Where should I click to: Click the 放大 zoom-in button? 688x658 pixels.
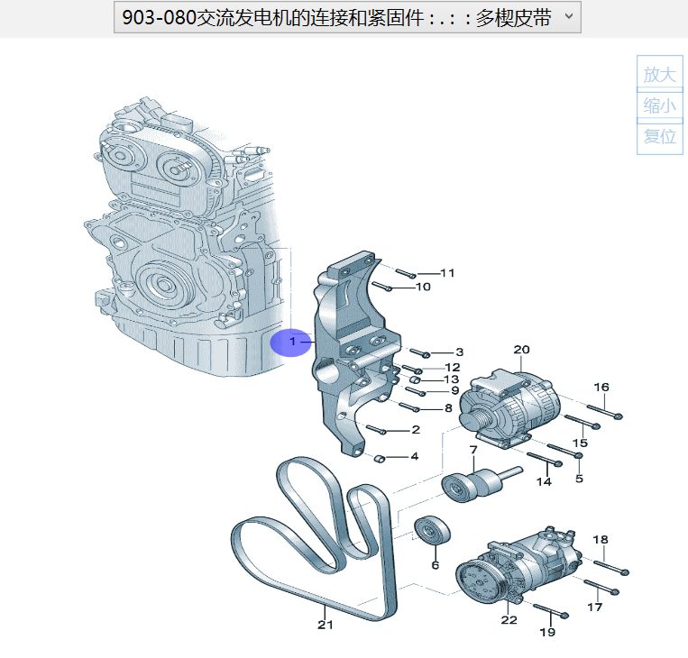pyautogui.click(x=660, y=75)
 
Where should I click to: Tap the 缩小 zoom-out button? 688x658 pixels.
pyautogui.click(x=660, y=105)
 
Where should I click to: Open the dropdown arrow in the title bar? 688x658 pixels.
pyautogui.click(x=567, y=17)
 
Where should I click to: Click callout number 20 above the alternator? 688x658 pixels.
pyautogui.click(x=521, y=349)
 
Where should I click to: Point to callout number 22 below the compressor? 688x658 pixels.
pyautogui.click(x=509, y=619)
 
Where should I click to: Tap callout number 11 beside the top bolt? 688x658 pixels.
pyautogui.click(x=447, y=272)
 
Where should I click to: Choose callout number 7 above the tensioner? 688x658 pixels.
pyautogui.click(x=472, y=450)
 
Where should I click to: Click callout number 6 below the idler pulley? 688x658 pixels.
pyautogui.click(x=435, y=565)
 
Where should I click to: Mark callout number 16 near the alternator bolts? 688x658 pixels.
pyautogui.click(x=601, y=387)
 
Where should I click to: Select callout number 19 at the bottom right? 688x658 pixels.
pyautogui.click(x=547, y=632)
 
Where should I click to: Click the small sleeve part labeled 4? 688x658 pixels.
pyautogui.click(x=381, y=457)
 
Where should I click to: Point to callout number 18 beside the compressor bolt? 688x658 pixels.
pyautogui.click(x=601, y=539)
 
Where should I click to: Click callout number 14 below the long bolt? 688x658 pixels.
pyautogui.click(x=544, y=482)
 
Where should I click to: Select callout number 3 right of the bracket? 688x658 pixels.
pyautogui.click(x=458, y=352)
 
